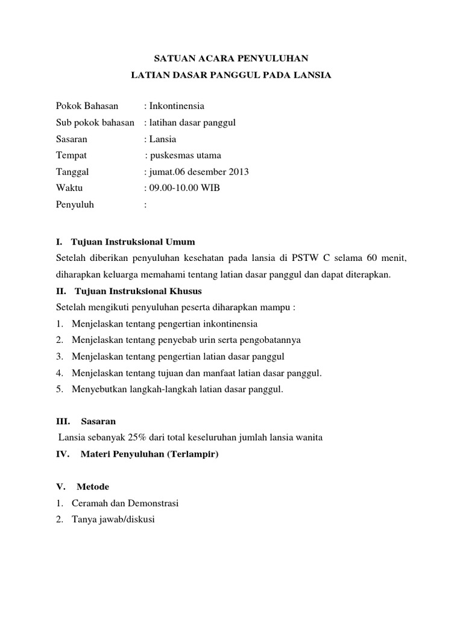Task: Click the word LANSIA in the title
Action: click(x=312, y=75)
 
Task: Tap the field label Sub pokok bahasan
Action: click(x=95, y=122)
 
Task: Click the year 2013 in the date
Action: click(x=238, y=172)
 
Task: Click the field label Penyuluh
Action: click(x=75, y=204)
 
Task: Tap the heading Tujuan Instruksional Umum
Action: click(x=133, y=242)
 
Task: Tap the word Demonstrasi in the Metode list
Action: click(x=153, y=503)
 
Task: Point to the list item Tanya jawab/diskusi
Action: click(x=113, y=519)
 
